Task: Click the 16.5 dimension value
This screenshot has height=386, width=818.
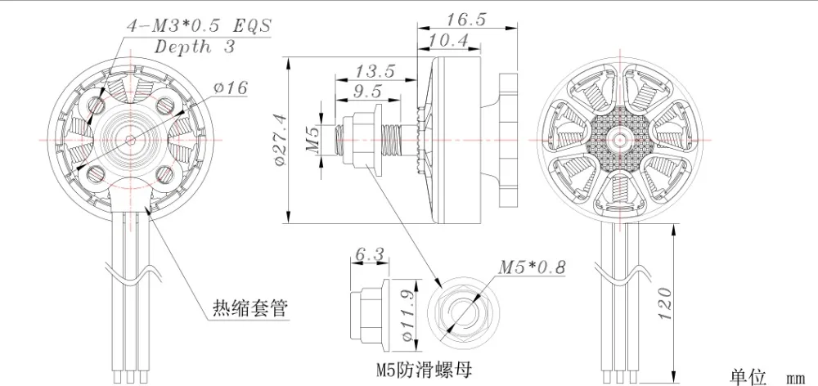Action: pos(466,20)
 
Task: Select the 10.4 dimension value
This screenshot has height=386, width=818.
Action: pos(448,40)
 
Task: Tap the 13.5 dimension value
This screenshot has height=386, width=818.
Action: pos(375,70)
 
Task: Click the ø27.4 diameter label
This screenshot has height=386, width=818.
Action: pos(281,141)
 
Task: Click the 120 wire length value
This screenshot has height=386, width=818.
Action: pos(665,303)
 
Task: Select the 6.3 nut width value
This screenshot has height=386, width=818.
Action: pos(369,254)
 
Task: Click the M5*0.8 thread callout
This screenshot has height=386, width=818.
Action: pos(532,267)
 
